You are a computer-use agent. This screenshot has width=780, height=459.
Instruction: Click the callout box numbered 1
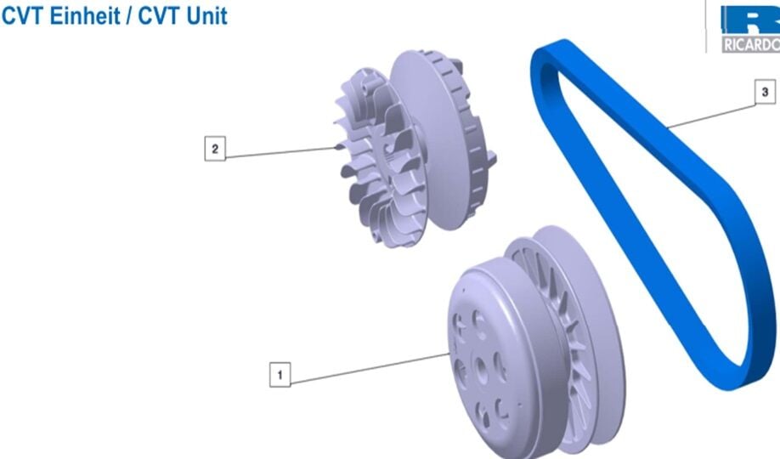(280, 374)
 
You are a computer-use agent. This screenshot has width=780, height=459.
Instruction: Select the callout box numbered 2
(214, 149)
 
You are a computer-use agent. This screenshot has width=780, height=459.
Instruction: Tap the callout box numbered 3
(764, 91)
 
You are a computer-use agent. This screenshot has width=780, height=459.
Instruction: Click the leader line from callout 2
(280, 152)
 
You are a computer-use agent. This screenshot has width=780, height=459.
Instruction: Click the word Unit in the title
(206, 16)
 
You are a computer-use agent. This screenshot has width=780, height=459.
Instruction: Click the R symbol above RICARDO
(752, 20)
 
